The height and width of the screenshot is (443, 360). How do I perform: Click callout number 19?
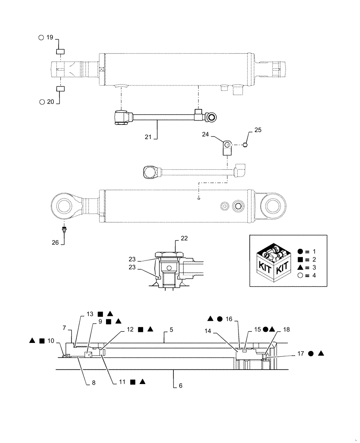(x=49, y=38)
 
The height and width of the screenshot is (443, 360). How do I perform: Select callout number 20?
(x=50, y=102)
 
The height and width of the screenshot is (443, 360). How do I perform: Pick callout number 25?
(x=258, y=130)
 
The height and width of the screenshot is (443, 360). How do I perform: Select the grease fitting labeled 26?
(x=65, y=229)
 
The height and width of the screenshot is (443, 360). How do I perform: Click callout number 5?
(x=170, y=330)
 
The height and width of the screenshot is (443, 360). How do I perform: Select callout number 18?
(x=286, y=330)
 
